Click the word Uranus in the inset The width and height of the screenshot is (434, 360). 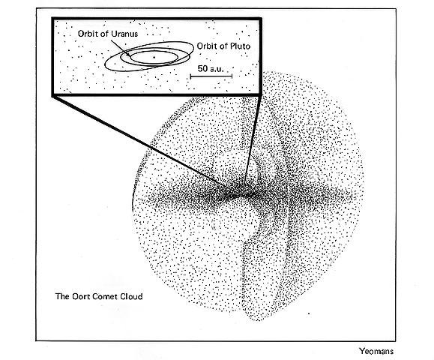(124, 34)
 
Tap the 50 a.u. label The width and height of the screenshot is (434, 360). (211, 68)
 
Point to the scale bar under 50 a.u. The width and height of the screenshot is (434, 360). (211, 76)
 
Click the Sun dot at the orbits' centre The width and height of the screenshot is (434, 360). (154, 57)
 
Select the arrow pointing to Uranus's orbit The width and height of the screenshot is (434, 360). (121, 49)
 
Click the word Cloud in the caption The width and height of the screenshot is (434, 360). (131, 296)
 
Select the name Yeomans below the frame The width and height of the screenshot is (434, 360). (376, 351)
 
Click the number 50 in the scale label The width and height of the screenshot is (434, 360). (203, 68)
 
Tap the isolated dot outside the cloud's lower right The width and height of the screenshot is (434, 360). (309, 313)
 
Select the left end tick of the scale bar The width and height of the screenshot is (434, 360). (190, 76)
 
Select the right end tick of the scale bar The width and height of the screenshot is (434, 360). (232, 76)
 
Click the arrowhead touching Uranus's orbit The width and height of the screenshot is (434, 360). (129, 55)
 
